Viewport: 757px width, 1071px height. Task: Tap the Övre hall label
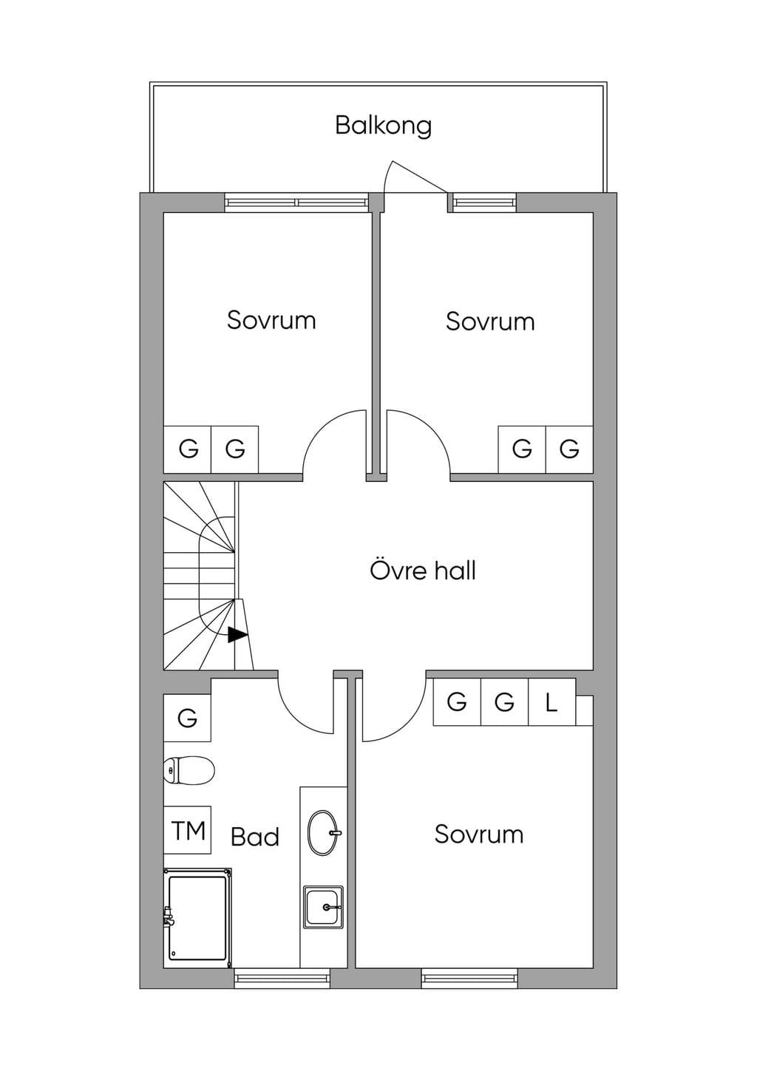pyautogui.click(x=423, y=570)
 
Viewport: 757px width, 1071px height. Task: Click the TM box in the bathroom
pyautogui.click(x=188, y=830)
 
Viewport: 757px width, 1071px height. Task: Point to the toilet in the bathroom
pyautogui.click(x=189, y=770)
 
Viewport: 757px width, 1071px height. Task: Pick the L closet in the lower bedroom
pyautogui.click(x=551, y=702)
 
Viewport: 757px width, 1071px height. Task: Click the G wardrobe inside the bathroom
pyautogui.click(x=188, y=718)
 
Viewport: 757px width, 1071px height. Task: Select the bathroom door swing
pyautogui.click(x=305, y=703)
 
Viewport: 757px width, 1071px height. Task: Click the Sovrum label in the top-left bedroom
pyautogui.click(x=271, y=320)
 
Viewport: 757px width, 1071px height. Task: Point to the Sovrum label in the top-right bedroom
pyautogui.click(x=490, y=322)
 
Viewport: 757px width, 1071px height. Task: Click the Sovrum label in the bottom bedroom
pyautogui.click(x=479, y=834)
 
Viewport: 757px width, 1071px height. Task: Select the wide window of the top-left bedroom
pyautogui.click(x=297, y=203)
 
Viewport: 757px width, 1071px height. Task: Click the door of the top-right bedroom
pyautogui.click(x=418, y=442)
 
